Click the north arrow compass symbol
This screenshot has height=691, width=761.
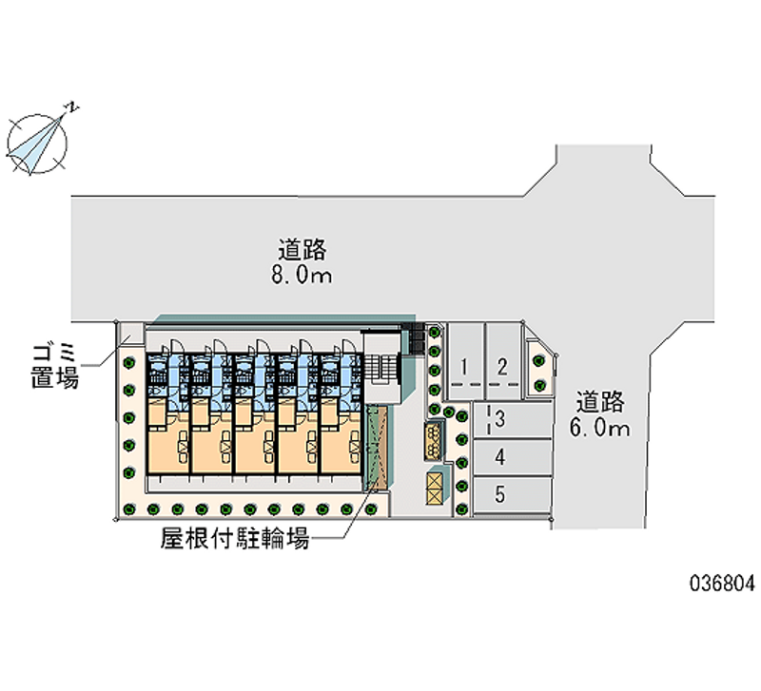(37, 144)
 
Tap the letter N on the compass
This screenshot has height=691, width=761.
(74, 107)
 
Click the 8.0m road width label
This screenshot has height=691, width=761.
(302, 276)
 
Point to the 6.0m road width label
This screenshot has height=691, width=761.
(600, 428)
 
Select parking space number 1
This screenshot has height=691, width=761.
(465, 355)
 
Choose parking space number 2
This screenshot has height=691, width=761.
(503, 355)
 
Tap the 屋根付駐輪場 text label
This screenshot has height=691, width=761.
(235, 538)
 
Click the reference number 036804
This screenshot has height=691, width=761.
(723, 583)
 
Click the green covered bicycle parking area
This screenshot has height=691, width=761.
(377, 448)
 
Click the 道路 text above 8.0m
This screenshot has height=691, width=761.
(302, 250)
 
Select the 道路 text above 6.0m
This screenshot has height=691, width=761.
(600, 402)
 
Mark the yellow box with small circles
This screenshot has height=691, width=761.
(434, 441)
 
